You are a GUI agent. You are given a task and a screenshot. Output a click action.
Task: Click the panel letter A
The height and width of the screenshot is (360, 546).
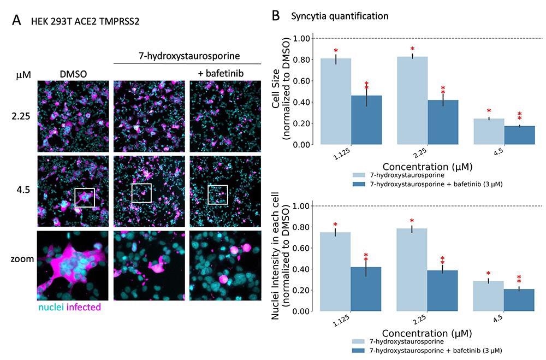point(17,21)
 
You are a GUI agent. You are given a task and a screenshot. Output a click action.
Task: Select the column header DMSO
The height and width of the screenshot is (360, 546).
point(73,73)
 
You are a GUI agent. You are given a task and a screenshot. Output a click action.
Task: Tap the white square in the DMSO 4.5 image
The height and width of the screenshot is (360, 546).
point(84,197)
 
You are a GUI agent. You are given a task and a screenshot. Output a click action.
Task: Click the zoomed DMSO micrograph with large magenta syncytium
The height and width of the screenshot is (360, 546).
point(73,264)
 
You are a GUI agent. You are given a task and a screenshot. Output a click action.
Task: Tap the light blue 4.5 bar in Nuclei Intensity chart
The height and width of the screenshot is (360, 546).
point(488,296)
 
